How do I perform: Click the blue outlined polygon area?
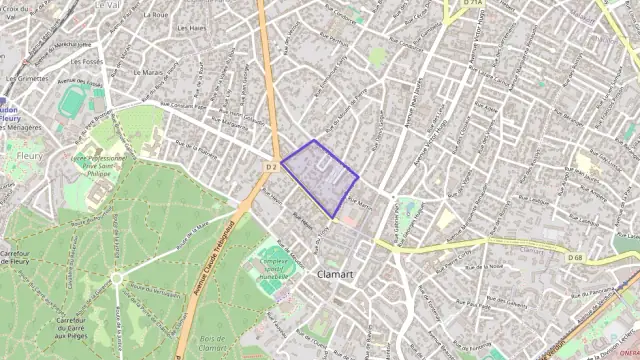click(x=320, y=178)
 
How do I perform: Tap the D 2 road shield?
click(x=271, y=167)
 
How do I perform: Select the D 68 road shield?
click(x=574, y=257)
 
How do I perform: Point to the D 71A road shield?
click(x=472, y=3)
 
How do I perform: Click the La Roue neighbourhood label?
click(x=155, y=15)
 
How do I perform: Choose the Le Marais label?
click(x=146, y=73)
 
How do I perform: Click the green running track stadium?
click(x=71, y=101)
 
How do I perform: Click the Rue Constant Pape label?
click(x=186, y=107)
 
